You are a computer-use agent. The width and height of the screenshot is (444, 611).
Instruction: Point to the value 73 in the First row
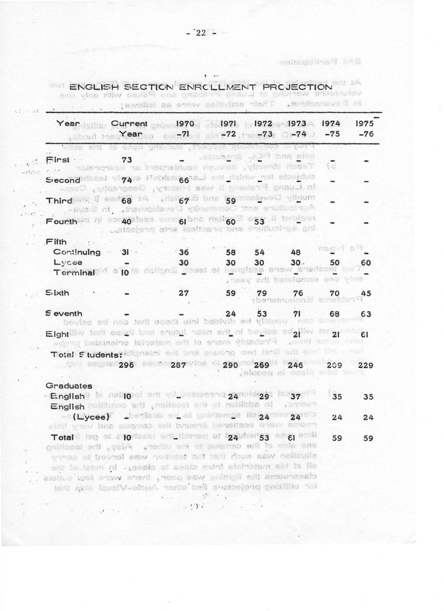[x=127, y=159]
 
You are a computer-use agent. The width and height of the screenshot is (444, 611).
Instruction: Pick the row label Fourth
[x=62, y=221]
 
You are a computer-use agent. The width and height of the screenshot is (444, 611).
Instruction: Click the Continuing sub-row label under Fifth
[x=77, y=252]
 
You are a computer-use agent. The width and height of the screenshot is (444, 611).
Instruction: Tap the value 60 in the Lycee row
[x=366, y=263]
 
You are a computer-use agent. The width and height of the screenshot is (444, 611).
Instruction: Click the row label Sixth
[x=58, y=293]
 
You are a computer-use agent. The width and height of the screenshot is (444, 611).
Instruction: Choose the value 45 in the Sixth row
[x=366, y=293]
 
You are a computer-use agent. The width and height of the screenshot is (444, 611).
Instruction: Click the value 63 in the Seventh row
[x=366, y=314]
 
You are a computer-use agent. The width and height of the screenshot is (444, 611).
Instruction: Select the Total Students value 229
[x=366, y=366]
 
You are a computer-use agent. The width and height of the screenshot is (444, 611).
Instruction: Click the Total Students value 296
[x=127, y=366]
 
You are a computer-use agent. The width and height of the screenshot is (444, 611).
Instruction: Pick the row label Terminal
[x=73, y=273]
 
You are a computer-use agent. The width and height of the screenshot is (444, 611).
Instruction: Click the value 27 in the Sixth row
[x=184, y=293]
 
